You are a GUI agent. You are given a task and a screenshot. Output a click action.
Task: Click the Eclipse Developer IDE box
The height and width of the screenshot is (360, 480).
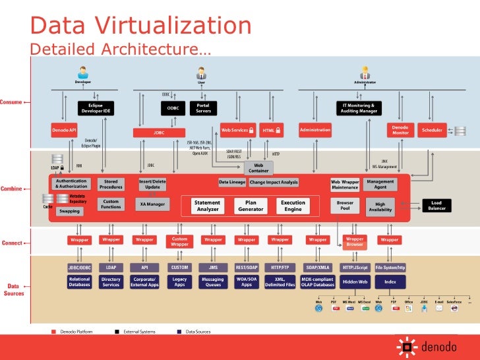click(96, 108)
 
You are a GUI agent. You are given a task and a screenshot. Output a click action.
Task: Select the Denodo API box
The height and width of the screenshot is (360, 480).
click(65, 130)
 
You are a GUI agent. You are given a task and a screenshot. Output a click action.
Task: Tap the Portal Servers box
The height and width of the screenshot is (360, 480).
click(204, 108)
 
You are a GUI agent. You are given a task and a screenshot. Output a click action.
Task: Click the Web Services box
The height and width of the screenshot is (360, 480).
click(235, 130)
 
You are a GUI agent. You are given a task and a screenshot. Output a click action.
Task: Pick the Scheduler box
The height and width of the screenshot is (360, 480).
click(433, 130)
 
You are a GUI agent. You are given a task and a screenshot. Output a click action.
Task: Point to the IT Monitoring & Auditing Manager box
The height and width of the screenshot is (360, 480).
click(359, 108)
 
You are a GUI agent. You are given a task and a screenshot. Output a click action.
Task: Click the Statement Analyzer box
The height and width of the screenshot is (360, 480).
click(207, 206)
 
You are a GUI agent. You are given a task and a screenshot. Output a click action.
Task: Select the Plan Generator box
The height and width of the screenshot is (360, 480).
click(251, 206)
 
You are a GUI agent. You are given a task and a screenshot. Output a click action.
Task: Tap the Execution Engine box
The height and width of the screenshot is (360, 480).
click(293, 206)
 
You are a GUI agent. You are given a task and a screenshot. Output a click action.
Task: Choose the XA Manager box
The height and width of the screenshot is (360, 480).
click(153, 204)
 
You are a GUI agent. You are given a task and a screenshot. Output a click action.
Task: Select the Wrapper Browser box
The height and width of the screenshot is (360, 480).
click(355, 241)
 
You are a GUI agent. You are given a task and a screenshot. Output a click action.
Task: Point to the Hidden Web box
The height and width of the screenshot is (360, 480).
click(355, 282)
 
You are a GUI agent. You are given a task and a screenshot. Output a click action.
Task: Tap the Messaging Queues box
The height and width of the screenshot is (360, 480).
click(213, 282)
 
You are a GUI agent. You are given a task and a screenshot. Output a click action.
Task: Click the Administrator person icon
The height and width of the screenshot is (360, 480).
click(364, 72)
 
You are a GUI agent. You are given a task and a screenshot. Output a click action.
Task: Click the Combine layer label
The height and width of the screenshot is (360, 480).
click(11, 189)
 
